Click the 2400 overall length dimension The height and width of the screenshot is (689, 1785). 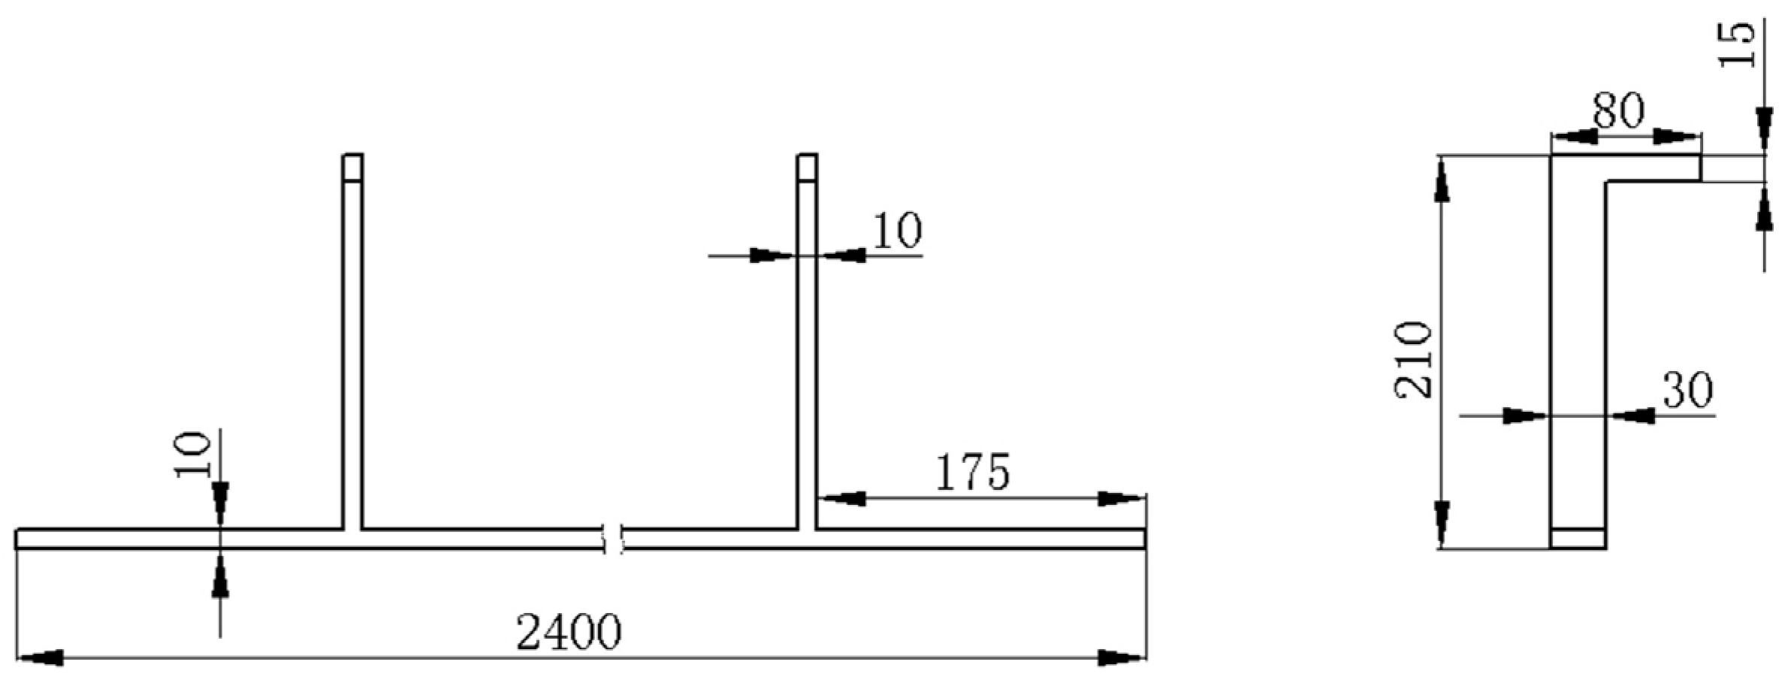569,633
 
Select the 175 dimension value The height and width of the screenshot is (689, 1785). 972,473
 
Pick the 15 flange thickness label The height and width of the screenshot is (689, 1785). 1738,44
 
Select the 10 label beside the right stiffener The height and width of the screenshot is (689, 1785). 897,230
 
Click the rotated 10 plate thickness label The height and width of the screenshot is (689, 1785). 192,454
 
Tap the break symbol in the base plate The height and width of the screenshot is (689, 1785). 614,539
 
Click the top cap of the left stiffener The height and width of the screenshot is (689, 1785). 353,168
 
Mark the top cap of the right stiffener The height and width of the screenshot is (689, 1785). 808,168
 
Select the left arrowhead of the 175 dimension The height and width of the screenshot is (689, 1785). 844,498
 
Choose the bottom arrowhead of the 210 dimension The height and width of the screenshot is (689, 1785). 1441,524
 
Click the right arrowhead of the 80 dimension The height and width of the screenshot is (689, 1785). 1676,137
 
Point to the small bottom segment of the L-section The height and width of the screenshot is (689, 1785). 1578,539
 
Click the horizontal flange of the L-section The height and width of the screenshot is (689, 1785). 1653,168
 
